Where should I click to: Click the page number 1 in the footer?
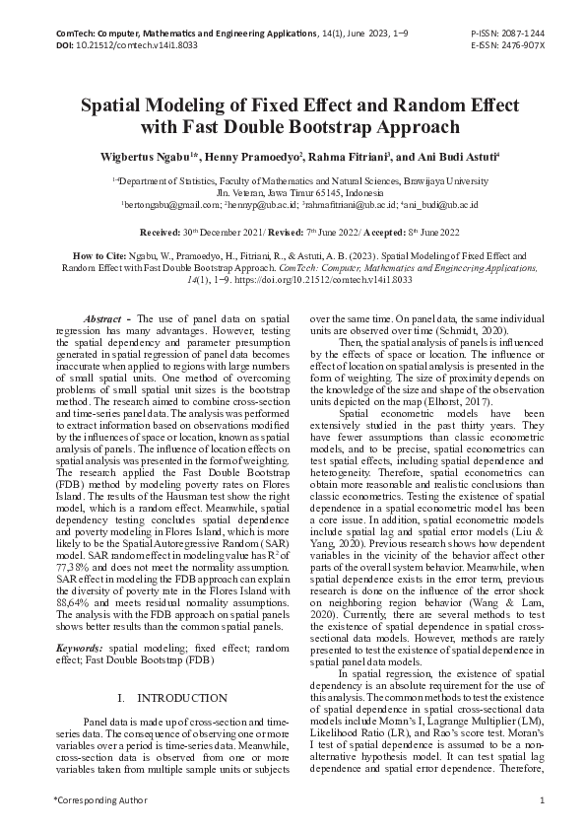[x=542, y=798]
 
